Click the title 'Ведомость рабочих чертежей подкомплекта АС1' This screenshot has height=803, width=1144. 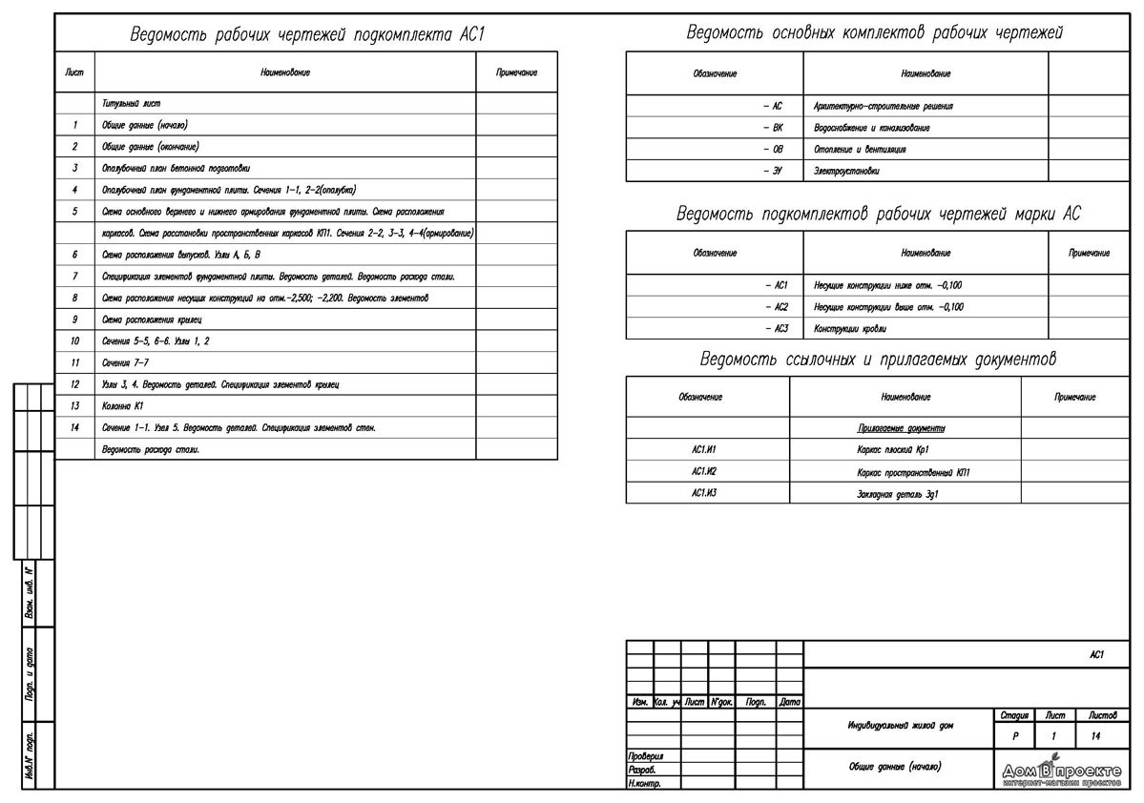coord(307,36)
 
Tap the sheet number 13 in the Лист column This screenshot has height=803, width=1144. coord(74,406)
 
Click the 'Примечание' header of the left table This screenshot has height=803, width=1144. coord(516,72)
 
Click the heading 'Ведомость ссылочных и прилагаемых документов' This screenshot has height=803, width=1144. coord(878,360)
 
